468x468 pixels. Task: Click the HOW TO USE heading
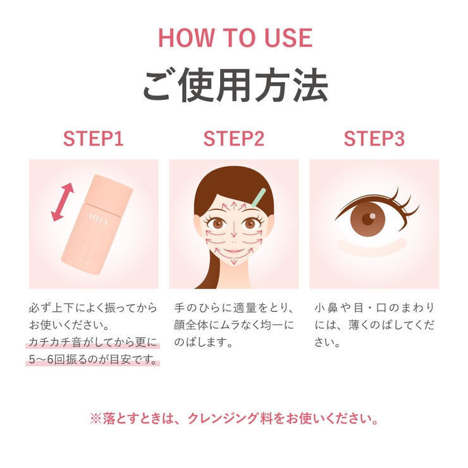coord(235,38)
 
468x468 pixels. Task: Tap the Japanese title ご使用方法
coord(235,85)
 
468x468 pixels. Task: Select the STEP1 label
coord(94,139)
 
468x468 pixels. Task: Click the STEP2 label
coord(234,139)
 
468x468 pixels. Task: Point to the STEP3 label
coord(374,139)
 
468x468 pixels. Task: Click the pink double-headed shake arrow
coord(63,202)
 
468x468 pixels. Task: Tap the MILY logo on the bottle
coord(99,218)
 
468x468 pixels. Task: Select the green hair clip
coord(259,197)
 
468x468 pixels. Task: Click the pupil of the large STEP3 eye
coord(367,219)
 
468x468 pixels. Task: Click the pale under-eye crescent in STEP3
coord(373,249)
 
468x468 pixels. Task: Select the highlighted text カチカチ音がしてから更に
coord(93,342)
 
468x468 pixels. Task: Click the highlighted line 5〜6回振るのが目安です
coord(93,360)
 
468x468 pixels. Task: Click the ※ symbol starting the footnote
coord(95,419)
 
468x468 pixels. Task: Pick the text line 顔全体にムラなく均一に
coord(234,325)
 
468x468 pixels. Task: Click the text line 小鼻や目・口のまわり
coord(374,308)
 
